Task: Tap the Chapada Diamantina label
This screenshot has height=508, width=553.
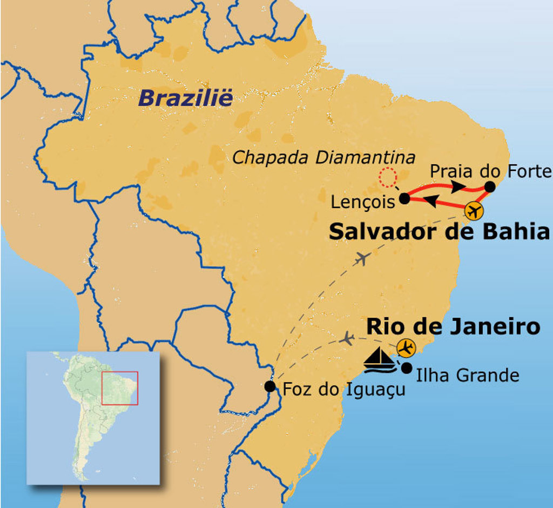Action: pyautogui.click(x=323, y=158)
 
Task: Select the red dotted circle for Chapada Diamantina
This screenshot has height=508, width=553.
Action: pyautogui.click(x=387, y=177)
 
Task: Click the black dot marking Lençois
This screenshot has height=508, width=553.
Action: pyautogui.click(x=404, y=199)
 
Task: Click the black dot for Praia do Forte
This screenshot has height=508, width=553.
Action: pyautogui.click(x=490, y=186)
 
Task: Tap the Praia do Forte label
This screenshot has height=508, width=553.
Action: pyautogui.click(x=491, y=172)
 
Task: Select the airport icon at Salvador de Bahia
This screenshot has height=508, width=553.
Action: pyautogui.click(x=474, y=211)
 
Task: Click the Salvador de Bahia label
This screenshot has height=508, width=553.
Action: pyautogui.click(x=439, y=232)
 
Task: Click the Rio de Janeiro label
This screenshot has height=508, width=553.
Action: pyautogui.click(x=453, y=326)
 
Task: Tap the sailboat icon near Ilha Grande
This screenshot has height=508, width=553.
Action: pyautogui.click(x=380, y=360)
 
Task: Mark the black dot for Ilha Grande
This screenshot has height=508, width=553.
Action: pyautogui.click(x=407, y=367)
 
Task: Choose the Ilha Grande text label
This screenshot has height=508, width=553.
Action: pyautogui.click(x=468, y=375)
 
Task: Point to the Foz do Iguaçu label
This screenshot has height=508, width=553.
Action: pyautogui.click(x=344, y=389)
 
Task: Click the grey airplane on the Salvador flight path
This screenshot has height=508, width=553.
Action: pyautogui.click(x=362, y=259)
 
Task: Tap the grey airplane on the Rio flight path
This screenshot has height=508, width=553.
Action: pyautogui.click(x=347, y=339)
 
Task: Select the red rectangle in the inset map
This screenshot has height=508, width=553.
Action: pyautogui.click(x=119, y=387)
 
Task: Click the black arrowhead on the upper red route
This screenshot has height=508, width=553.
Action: pyautogui.click(x=458, y=186)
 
